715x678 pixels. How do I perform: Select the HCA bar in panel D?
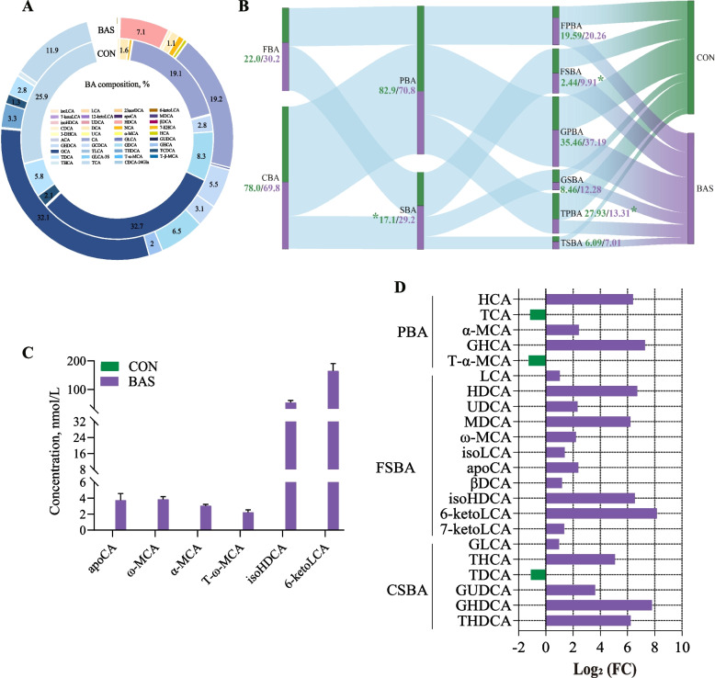589,299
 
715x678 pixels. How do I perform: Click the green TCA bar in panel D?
538,314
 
